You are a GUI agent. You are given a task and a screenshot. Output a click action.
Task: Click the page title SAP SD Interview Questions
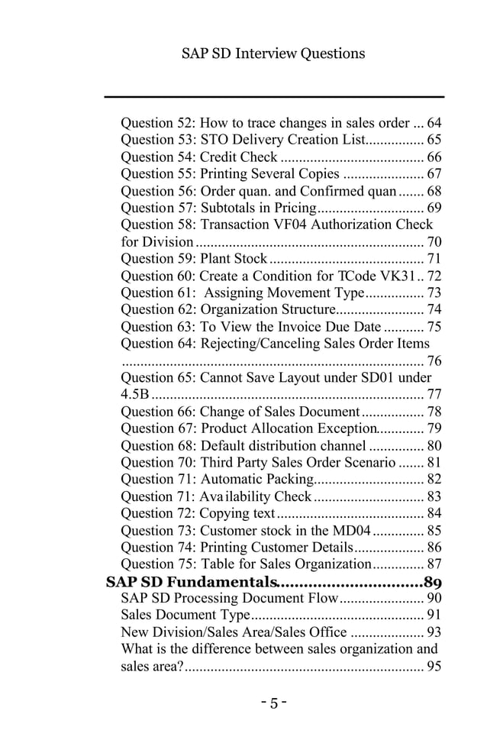point(273,53)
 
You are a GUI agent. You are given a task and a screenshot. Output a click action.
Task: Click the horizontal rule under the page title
point(273,97)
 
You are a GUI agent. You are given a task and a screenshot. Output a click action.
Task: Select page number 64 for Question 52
point(434,123)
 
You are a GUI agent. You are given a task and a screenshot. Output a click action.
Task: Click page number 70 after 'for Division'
point(434,242)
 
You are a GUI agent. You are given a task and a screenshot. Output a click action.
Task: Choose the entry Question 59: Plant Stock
point(194,259)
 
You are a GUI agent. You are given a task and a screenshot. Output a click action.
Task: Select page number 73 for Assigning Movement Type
point(434,293)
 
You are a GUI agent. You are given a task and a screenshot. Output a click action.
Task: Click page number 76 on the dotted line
point(434,361)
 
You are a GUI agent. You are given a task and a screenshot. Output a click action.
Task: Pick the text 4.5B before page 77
point(135,395)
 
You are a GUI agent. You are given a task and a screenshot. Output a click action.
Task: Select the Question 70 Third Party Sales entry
point(258,463)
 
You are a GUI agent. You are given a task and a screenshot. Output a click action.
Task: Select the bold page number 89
point(433,582)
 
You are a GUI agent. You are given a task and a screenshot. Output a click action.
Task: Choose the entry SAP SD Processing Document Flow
point(229,599)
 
